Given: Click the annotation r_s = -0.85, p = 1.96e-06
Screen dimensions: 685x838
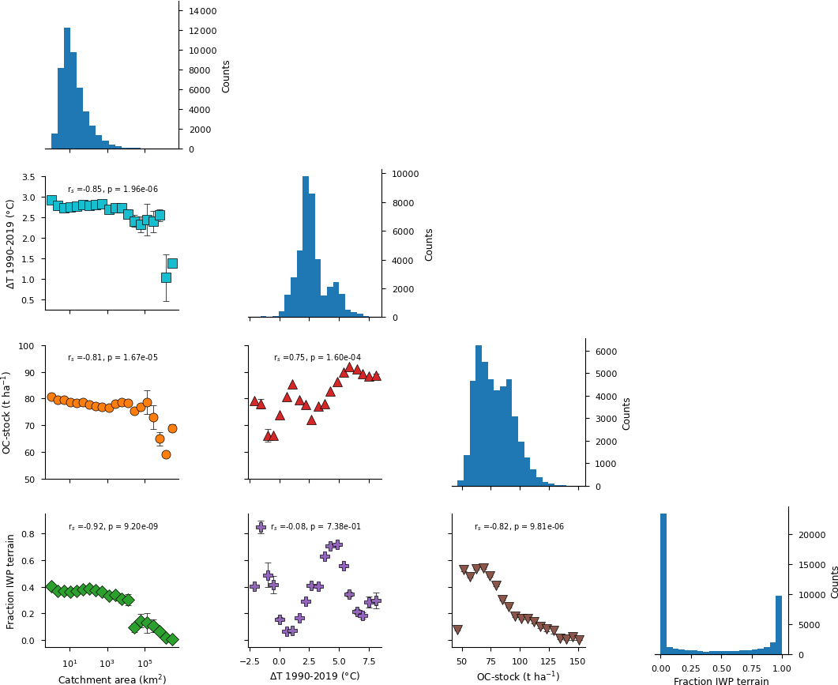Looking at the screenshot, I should tap(113, 190).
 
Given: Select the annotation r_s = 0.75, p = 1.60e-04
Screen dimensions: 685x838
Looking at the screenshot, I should tap(317, 358).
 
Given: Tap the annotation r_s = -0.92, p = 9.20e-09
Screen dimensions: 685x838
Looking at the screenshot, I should tap(113, 527).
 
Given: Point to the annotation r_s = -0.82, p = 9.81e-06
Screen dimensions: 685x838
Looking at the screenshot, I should tap(519, 527).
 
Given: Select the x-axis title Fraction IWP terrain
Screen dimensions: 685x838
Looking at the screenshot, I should tap(721, 681).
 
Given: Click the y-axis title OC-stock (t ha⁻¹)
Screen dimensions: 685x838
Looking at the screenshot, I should tap(7, 412).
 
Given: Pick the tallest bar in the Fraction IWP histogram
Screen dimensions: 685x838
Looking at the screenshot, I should tap(663, 584).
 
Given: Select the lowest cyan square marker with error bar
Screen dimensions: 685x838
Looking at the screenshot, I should tap(166, 277).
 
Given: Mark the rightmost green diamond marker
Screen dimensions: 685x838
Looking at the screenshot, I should tap(172, 639).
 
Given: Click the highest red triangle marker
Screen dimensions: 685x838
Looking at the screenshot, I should tap(349, 367).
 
